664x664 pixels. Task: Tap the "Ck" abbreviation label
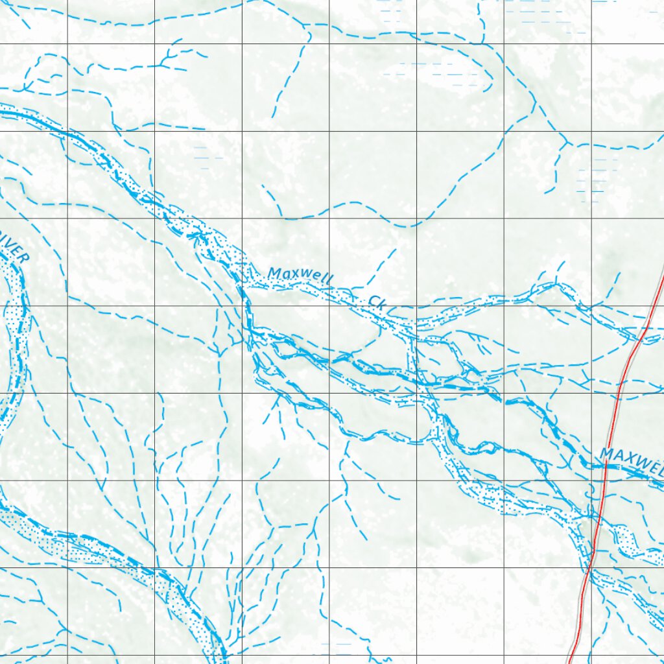(x=377, y=301)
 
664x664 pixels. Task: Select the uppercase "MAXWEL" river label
(x=632, y=461)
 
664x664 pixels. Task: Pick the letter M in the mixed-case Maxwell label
(x=274, y=273)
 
